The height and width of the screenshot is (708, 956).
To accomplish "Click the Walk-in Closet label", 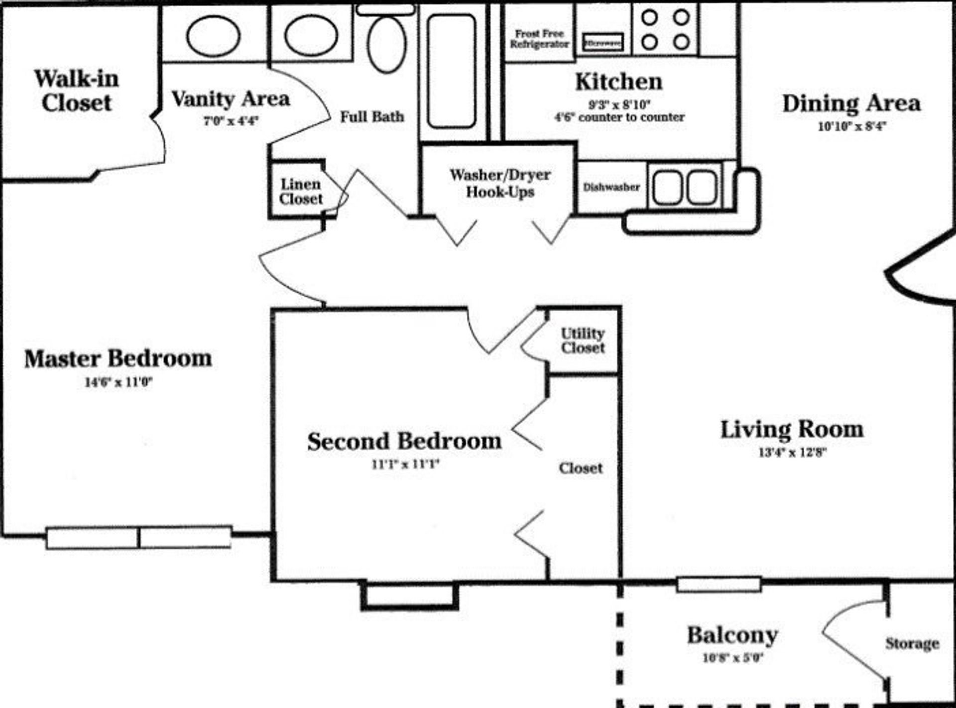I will pyautogui.click(x=76, y=91).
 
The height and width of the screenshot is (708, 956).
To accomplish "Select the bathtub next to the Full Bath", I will pyautogui.click(x=452, y=71).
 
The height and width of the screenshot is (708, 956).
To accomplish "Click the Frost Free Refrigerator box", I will pyautogui.click(x=539, y=39).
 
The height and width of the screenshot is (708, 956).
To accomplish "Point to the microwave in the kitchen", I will pyautogui.click(x=603, y=43).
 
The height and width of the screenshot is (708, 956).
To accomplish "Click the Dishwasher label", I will pyautogui.click(x=611, y=187).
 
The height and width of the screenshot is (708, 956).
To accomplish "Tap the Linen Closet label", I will pyautogui.click(x=301, y=192).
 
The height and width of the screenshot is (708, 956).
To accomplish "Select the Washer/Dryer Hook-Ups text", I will pyautogui.click(x=500, y=183).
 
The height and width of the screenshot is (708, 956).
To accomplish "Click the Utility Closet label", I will pyautogui.click(x=583, y=341).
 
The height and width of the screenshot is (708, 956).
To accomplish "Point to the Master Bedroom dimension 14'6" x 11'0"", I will pyautogui.click(x=119, y=382).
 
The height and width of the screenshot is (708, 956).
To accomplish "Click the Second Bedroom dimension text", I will pyautogui.click(x=405, y=465).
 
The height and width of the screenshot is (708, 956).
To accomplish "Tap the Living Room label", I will pyautogui.click(x=792, y=430).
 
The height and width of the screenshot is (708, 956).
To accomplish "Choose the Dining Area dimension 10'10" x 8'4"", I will pyautogui.click(x=851, y=126).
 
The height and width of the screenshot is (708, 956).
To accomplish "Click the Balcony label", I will pyautogui.click(x=732, y=635).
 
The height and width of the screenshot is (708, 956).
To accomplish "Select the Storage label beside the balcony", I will pyautogui.click(x=912, y=643).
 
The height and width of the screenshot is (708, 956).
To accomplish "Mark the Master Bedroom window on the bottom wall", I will pyautogui.click(x=139, y=538).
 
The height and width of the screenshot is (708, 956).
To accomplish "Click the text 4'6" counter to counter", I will pyautogui.click(x=619, y=118).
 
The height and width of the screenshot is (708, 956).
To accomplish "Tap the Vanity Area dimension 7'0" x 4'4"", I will pyautogui.click(x=231, y=120).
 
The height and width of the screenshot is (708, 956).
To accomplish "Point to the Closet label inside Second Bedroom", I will pyautogui.click(x=581, y=468).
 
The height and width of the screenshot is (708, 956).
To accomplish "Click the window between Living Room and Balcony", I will pyautogui.click(x=718, y=584).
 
